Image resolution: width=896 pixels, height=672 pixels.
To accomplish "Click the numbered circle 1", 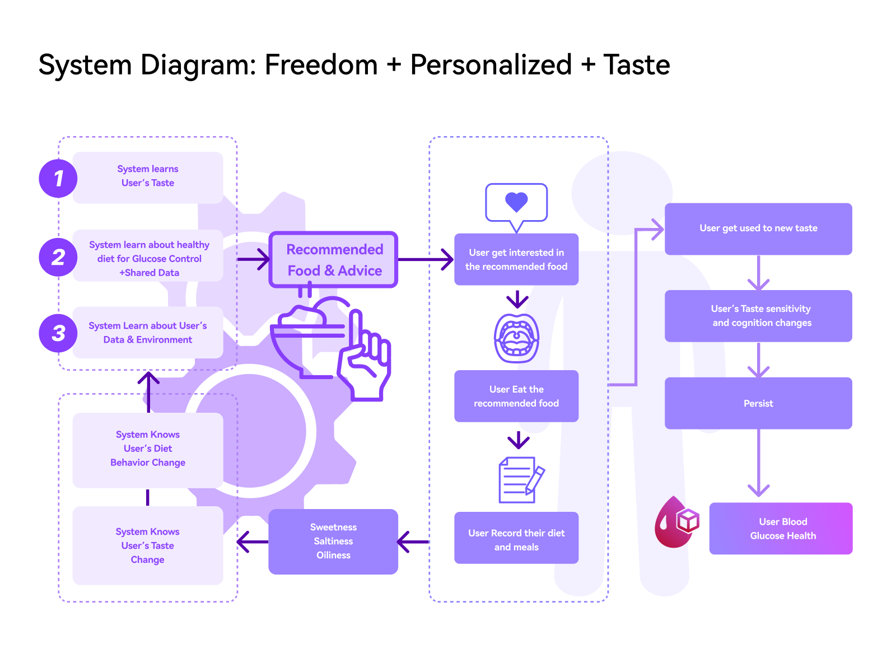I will point(58,179).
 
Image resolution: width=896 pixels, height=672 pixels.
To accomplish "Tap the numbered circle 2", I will point(58,258).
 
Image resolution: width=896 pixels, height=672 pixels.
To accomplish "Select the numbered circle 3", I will point(58,333).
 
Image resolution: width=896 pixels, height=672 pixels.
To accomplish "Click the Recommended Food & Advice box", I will point(334,260).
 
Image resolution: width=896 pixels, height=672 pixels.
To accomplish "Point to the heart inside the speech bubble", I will point(516,202).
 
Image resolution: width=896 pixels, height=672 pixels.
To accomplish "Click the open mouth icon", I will point(516,338).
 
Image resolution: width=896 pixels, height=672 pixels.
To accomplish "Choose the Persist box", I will point(758,403).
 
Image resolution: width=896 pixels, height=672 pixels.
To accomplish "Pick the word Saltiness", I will point(333,542).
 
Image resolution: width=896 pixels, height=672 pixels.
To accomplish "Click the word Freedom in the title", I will point(321,65).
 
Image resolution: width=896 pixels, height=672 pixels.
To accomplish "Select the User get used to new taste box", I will point(758,228).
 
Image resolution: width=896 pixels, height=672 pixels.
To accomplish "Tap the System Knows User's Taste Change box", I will point(148,545).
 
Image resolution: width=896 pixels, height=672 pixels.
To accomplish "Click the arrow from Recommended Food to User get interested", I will point(426,259).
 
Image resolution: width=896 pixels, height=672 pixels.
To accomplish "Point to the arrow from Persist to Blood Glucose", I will point(758,465).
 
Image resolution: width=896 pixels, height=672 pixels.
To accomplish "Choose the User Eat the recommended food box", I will point(516,396).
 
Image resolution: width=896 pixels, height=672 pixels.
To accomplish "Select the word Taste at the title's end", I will point(637,65).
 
